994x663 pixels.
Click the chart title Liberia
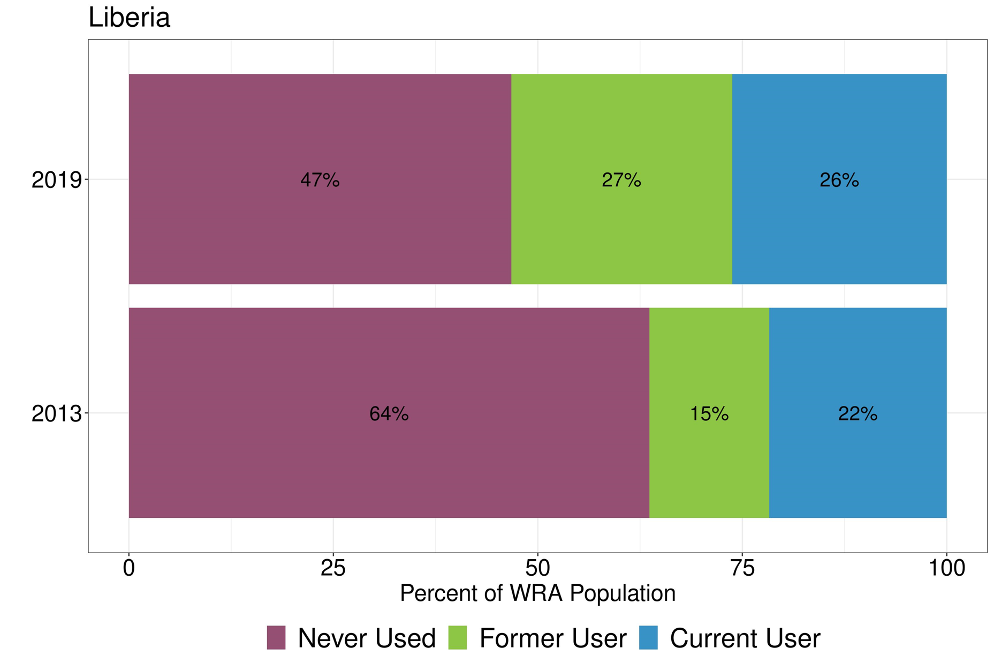(129, 18)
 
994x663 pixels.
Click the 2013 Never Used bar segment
(389, 466)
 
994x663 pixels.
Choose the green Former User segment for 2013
(709, 466)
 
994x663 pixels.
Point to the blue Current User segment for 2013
(858, 466)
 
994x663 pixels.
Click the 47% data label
(320, 180)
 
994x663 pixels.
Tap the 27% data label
(621, 180)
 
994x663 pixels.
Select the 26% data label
(839, 180)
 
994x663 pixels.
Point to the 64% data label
(389, 413)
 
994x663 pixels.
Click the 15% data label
(709, 413)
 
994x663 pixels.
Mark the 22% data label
(858, 413)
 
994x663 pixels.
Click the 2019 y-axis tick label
(56, 180)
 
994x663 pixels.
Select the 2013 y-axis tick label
(56, 413)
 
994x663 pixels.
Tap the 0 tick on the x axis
(128, 568)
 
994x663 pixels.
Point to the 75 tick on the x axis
(742, 568)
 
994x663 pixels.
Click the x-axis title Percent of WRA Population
(537, 593)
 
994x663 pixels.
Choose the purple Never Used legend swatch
(276, 637)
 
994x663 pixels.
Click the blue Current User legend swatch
(648, 637)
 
